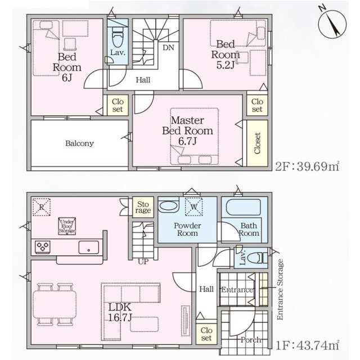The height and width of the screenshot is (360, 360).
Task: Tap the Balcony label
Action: [79, 143]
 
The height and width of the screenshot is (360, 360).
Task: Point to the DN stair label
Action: [168, 48]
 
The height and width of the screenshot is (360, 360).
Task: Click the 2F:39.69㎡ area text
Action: [307, 166]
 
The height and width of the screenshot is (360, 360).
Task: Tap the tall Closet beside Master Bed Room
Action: [258, 143]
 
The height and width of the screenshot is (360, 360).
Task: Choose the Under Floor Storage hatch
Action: [67, 226]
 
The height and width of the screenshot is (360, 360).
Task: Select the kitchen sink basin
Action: [88, 247]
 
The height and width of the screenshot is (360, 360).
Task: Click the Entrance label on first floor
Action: [236, 290]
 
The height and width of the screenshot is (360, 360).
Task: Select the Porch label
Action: [250, 340]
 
